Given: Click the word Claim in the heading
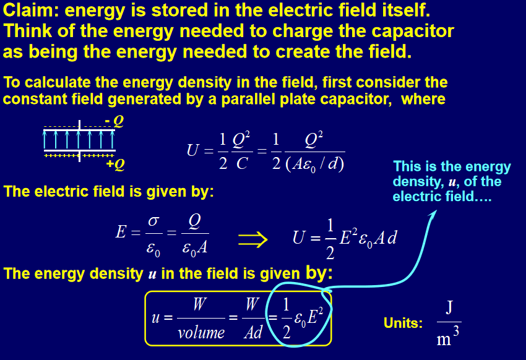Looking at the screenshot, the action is click(31, 10).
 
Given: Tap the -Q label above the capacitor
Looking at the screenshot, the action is click(114, 121).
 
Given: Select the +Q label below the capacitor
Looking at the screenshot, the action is click(115, 165).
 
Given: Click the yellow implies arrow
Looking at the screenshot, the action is click(252, 239).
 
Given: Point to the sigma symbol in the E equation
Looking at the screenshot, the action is click(153, 221).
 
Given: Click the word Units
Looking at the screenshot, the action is click(403, 323).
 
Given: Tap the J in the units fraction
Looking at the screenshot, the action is click(449, 307).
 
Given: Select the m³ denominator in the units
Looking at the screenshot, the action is click(448, 337).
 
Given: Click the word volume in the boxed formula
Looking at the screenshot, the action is click(201, 333).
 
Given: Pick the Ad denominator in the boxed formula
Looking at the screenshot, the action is click(253, 333).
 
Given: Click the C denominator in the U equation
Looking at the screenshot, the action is click(242, 164).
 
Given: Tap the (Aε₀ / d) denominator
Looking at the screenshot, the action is click(314, 165).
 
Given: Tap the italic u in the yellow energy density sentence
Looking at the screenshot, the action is click(152, 275).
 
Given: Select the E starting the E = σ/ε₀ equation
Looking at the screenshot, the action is click(121, 232).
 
